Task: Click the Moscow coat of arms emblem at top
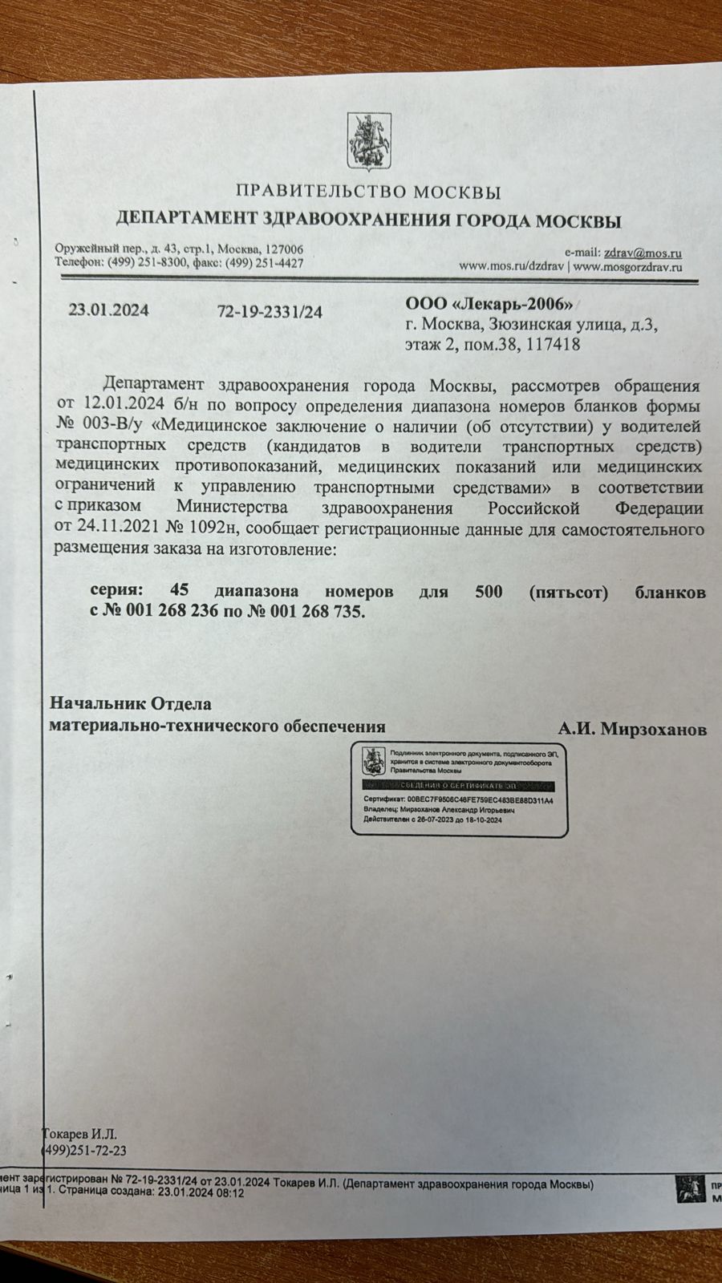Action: click(x=368, y=143)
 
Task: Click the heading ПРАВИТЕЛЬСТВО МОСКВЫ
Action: click(x=368, y=192)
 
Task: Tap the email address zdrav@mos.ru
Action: click(x=643, y=253)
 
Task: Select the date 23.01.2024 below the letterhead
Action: click(x=108, y=311)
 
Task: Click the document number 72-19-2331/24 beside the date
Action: click(x=270, y=312)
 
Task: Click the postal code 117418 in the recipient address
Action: click(x=553, y=345)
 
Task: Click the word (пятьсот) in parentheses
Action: click(x=568, y=592)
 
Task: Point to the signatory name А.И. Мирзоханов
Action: click(x=632, y=729)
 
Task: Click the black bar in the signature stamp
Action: click(x=457, y=787)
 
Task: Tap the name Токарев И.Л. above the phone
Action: click(x=79, y=1134)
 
